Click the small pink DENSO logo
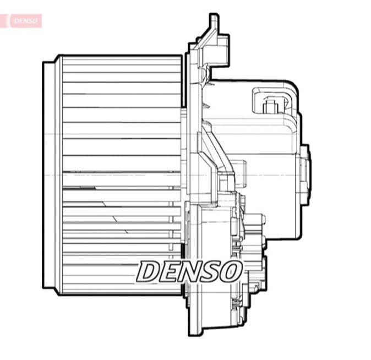pyautogui.click(x=25, y=21)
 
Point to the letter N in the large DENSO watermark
pyautogui.click(x=189, y=271)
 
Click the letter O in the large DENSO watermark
pyautogui.click(x=231, y=271)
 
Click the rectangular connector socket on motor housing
pyautogui.click(x=273, y=101)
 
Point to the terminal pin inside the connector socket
pyautogui.click(x=270, y=105)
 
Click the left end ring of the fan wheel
pyautogui.click(x=50, y=175)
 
